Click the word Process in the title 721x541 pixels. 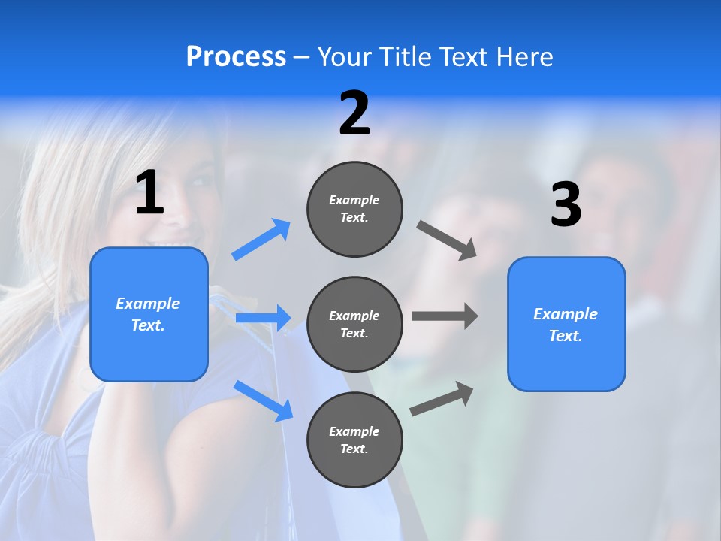pyautogui.click(x=236, y=57)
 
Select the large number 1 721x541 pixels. pyautogui.click(x=149, y=193)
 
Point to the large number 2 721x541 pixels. pyautogui.click(x=354, y=113)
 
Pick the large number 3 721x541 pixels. pyautogui.click(x=566, y=205)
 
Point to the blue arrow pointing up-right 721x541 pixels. pyautogui.click(x=261, y=240)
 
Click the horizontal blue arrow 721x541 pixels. pyautogui.click(x=263, y=318)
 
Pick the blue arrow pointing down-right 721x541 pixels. pyautogui.click(x=264, y=400)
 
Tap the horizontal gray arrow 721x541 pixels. pyautogui.click(x=445, y=316)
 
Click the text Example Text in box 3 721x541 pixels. pyautogui.click(x=566, y=325)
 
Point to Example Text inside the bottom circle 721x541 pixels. pyautogui.click(x=354, y=440)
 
